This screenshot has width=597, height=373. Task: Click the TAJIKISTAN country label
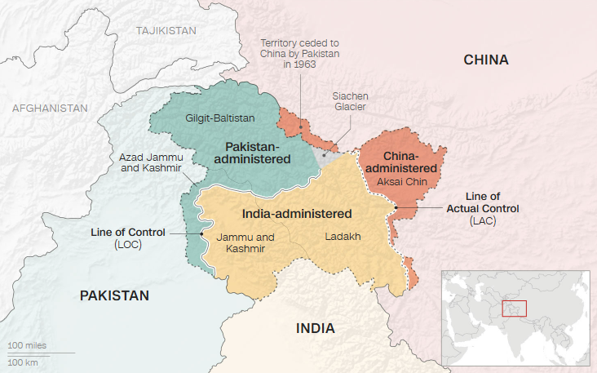166,30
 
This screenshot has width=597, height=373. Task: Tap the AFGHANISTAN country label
50,108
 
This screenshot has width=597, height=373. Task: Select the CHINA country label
485,60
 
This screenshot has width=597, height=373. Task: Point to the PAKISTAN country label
114,295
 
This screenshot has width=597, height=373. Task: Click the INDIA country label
315,328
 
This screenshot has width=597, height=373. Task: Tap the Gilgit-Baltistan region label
220,118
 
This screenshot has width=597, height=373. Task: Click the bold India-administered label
297,214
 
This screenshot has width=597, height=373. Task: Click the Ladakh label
343,237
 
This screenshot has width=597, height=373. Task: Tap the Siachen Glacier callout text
350,101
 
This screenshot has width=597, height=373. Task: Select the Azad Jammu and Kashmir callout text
152,162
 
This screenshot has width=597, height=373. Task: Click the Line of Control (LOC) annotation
127,238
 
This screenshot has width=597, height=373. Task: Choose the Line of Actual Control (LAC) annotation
482,208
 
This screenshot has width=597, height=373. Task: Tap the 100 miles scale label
27,345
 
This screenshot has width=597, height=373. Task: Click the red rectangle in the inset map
514,309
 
